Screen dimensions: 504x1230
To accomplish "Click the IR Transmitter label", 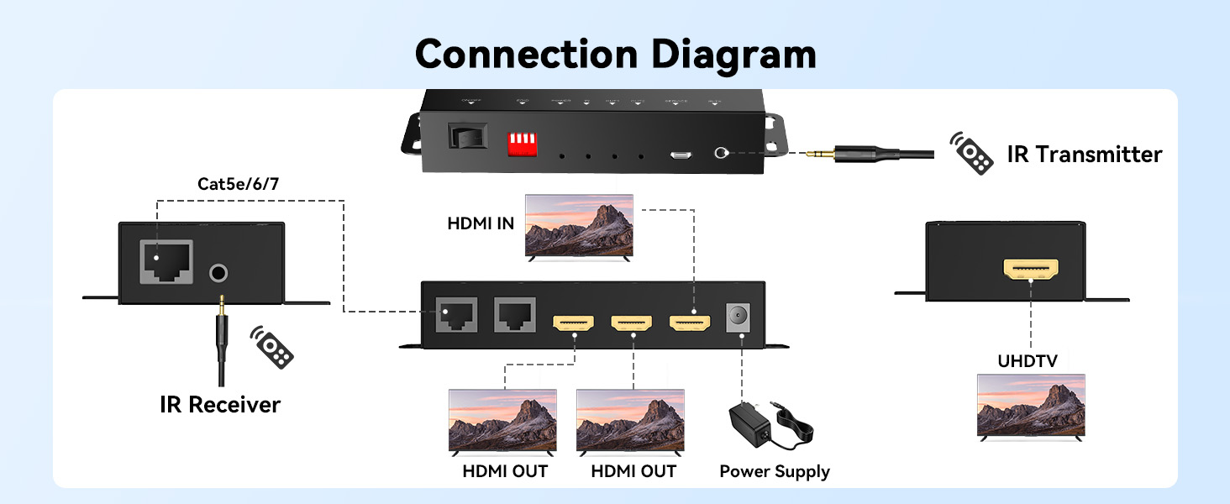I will pyautogui.click(x=1085, y=155).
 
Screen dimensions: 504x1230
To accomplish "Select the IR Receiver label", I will pyautogui.click(x=220, y=405).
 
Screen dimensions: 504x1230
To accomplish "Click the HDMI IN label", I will pyautogui.click(x=481, y=223).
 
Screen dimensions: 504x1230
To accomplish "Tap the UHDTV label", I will pyautogui.click(x=1028, y=361).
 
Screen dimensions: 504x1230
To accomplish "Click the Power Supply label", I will pyautogui.click(x=775, y=471).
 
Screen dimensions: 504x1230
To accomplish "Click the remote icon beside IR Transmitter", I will pyautogui.click(x=972, y=153).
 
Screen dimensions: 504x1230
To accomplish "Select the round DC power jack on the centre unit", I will pyautogui.click(x=741, y=319).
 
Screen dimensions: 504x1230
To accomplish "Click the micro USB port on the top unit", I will pyautogui.click(x=681, y=155).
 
